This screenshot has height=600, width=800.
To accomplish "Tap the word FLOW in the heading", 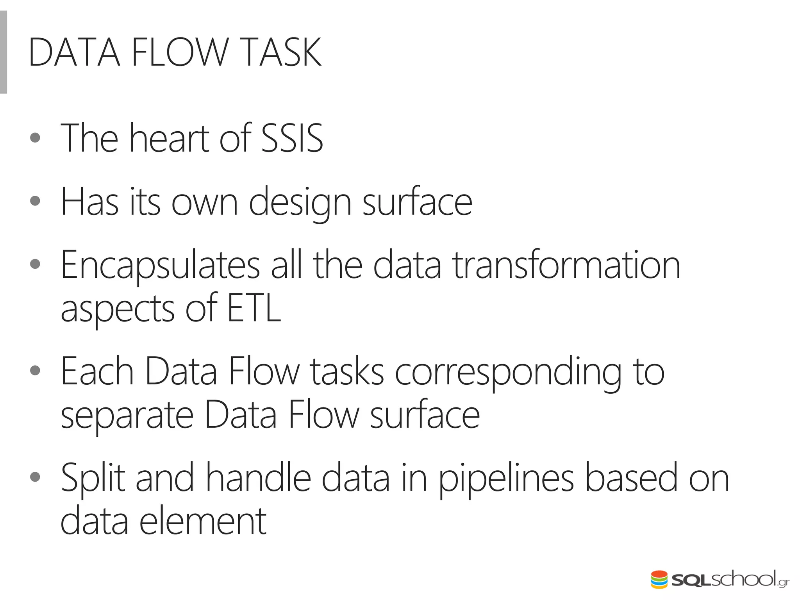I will click(x=180, y=52).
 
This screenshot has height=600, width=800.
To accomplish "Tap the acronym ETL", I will click(x=254, y=309).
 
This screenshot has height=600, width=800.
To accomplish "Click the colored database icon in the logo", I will click(x=659, y=580).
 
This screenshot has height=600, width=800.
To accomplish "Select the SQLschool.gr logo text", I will click(x=730, y=580).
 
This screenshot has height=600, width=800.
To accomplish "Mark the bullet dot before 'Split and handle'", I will click(x=35, y=477).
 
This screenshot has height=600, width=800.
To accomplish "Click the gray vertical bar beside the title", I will click(x=3, y=52).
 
